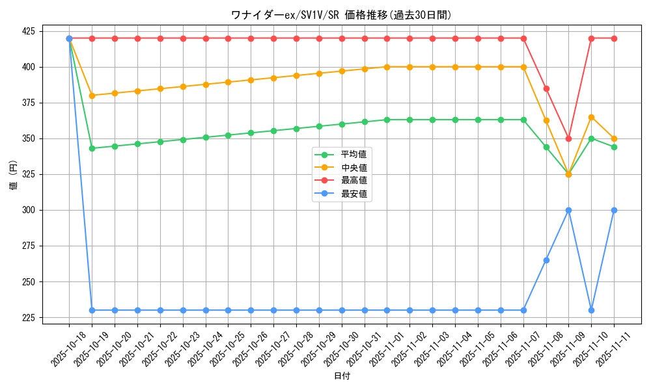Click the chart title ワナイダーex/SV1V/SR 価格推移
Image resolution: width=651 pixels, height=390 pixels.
341,15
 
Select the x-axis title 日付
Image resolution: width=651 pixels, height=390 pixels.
341,376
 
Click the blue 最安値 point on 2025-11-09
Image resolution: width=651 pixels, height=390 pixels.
568,210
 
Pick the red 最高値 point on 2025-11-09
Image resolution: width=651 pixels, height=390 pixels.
568,138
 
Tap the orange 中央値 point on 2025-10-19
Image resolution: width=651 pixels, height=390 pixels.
92,96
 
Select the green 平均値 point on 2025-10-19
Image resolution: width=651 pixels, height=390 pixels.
92,148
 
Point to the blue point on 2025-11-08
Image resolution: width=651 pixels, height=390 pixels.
546,260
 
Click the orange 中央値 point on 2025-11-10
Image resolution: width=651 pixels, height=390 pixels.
591,117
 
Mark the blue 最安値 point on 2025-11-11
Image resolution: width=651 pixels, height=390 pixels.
614,210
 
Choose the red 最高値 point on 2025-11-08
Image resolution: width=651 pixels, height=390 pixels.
546,88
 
